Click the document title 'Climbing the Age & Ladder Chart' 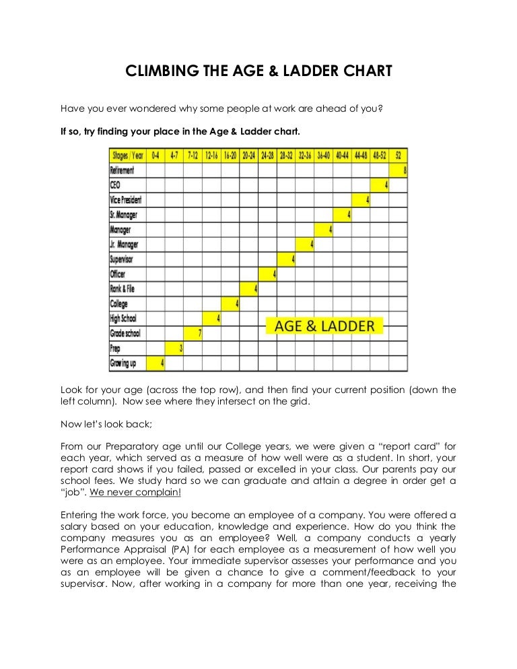point(258,71)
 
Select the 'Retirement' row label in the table point(122,170)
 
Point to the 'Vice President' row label point(126,200)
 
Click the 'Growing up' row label point(124,363)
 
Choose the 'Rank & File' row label point(123,289)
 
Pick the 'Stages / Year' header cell point(127,155)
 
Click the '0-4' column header point(156,155)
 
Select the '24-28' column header point(267,155)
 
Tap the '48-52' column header point(379,155)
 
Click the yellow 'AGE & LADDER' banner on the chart point(324,326)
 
